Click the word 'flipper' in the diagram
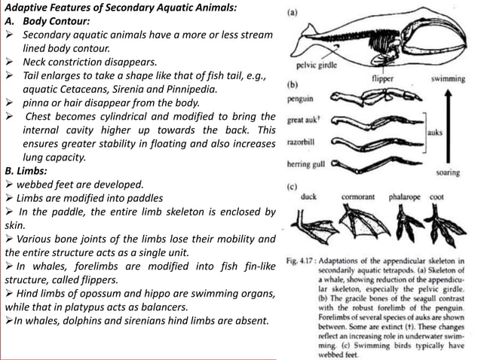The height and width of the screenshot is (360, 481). [384, 78]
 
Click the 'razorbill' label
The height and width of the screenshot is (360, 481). [304, 142]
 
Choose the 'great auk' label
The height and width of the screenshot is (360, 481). [305, 120]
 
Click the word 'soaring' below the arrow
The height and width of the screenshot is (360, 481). [449, 172]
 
